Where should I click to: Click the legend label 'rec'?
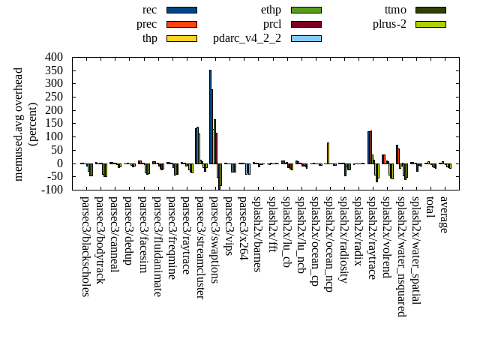149,10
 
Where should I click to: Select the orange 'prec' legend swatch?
181,24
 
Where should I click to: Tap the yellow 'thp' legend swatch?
181,38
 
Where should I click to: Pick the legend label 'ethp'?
271,10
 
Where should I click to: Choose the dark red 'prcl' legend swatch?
306,24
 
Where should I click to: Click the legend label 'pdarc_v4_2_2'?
247,38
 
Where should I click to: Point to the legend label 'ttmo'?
395,10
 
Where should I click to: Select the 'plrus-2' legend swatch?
430,24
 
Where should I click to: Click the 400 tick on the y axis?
53,57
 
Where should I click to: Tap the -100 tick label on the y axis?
51,190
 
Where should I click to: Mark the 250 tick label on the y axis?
53,97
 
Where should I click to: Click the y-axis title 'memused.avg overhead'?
19,124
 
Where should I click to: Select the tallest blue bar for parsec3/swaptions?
210,116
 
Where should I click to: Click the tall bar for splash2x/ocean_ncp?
328,152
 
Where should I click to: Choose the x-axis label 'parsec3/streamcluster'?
200,247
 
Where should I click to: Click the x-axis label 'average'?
444,214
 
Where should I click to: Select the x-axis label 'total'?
430,208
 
